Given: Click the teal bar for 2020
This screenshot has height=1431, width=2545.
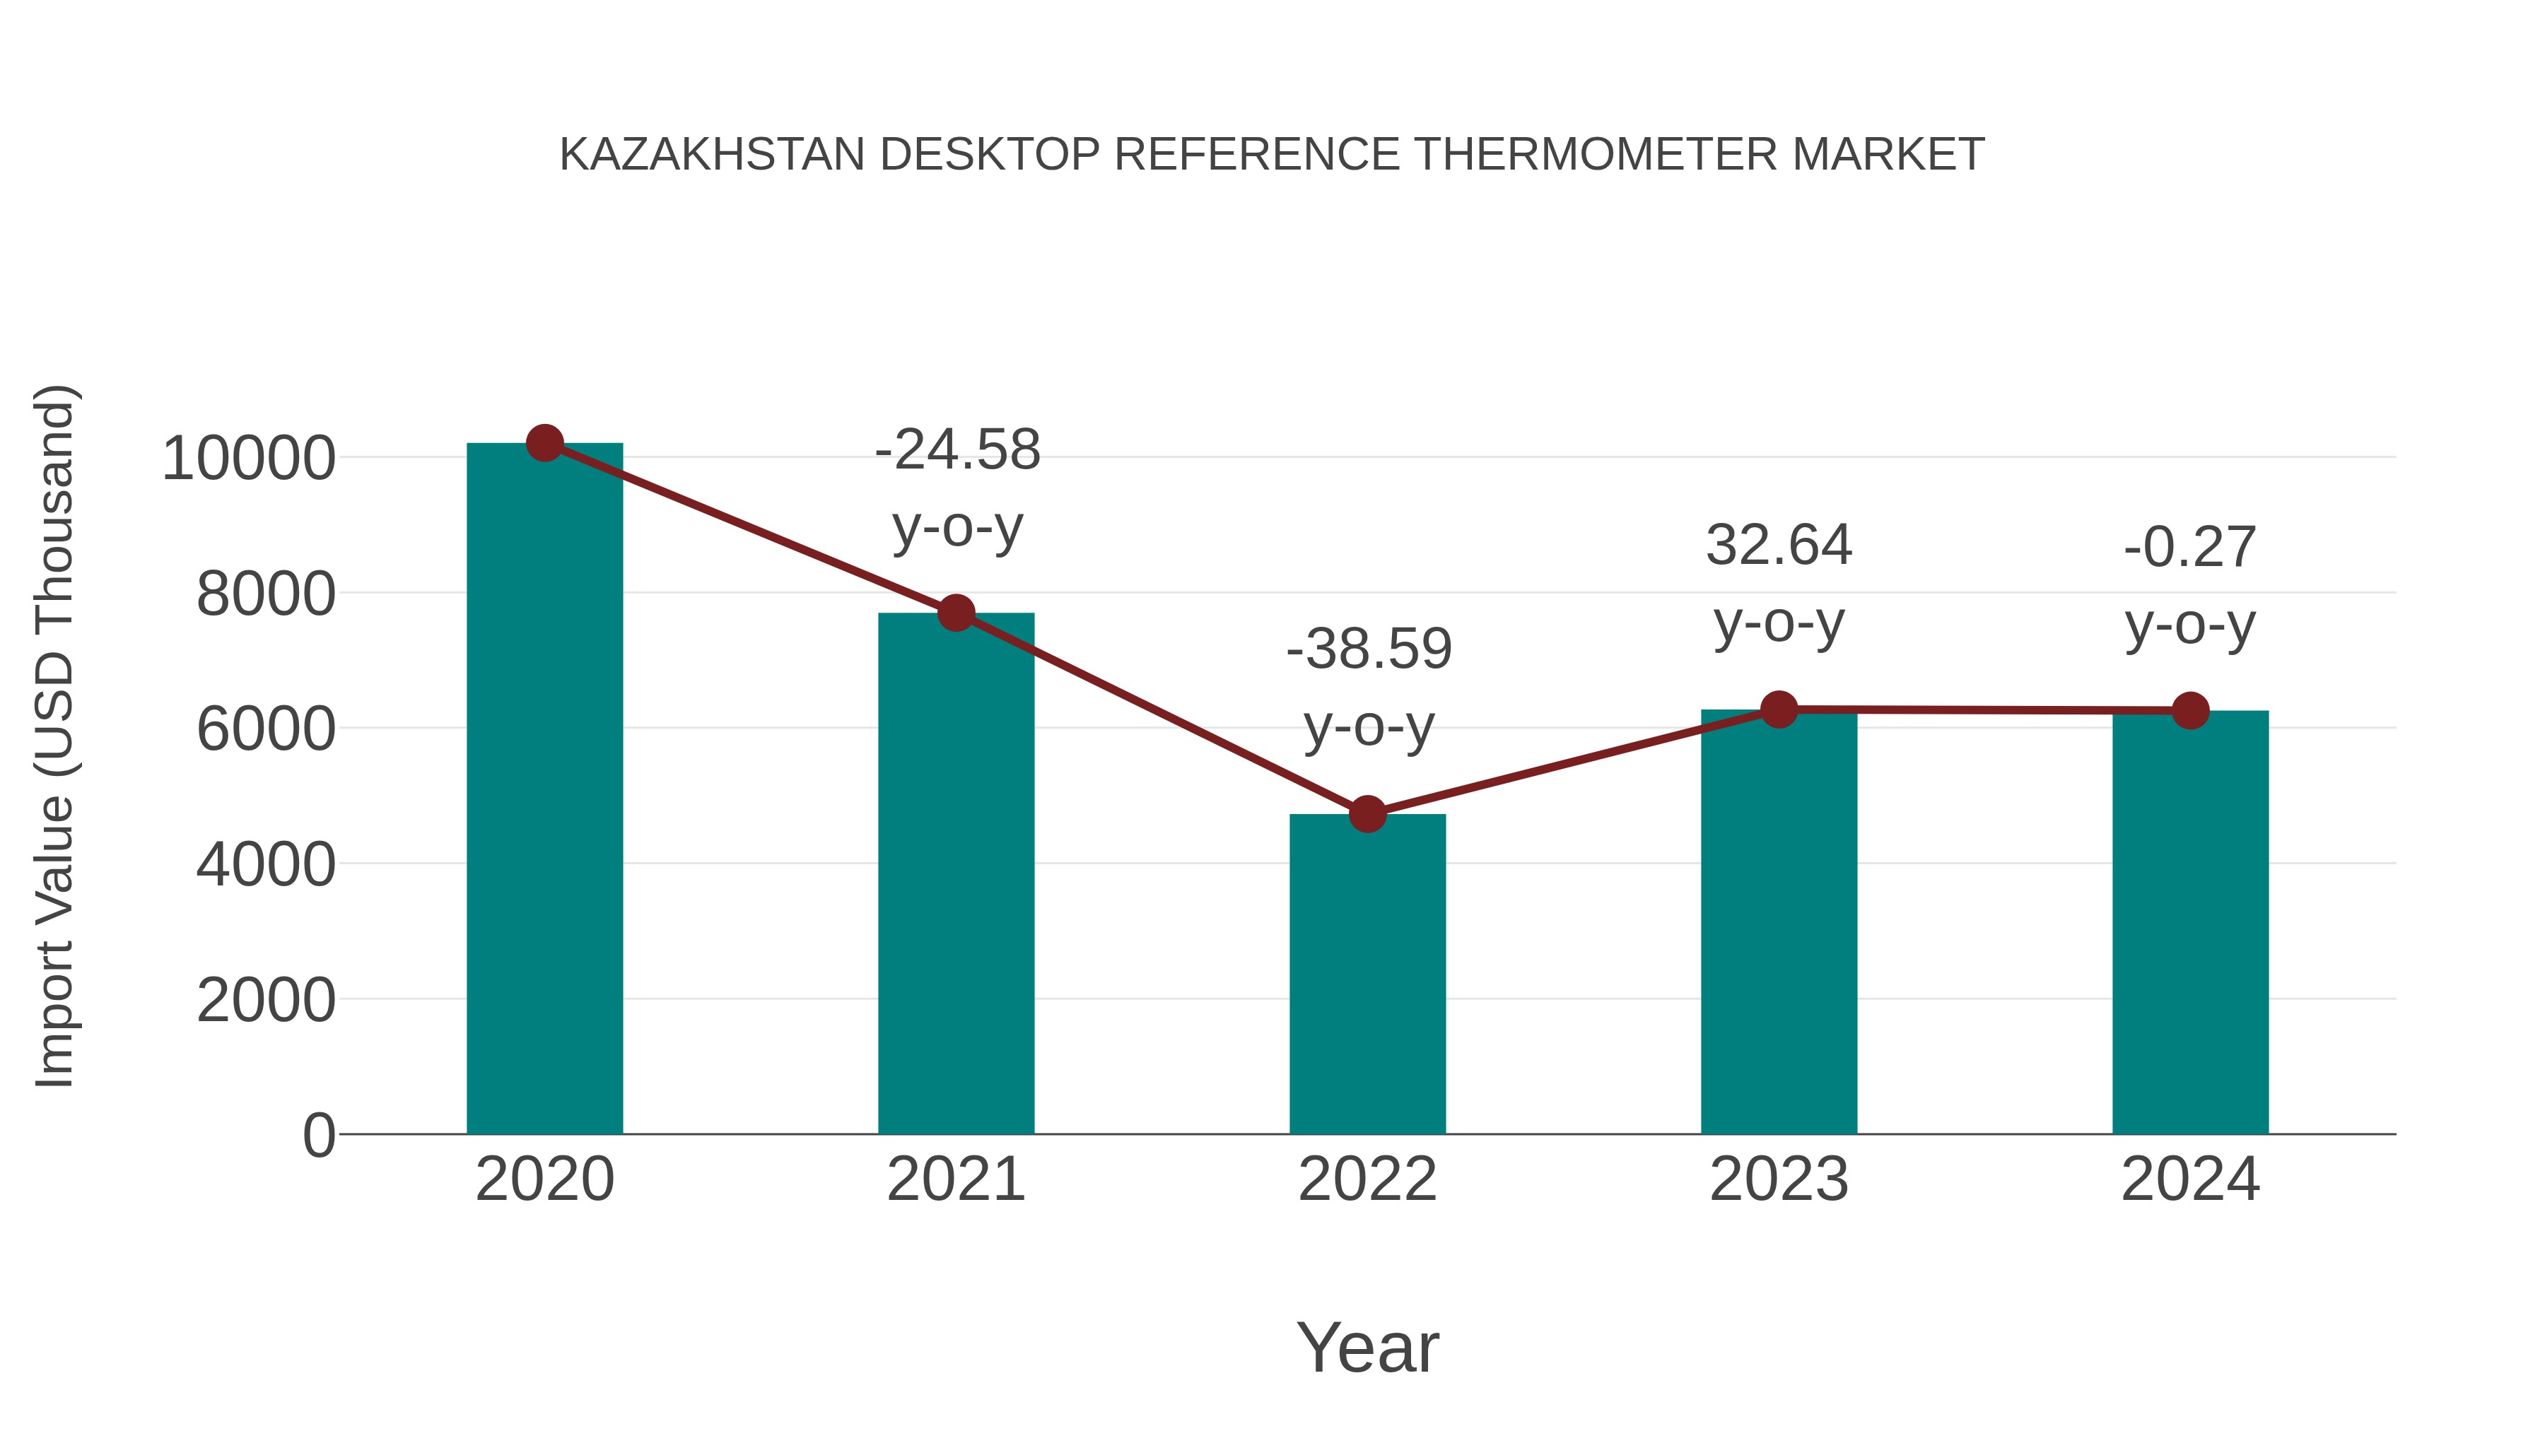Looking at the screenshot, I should (544, 790).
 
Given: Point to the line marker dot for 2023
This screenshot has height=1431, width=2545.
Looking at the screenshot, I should (1779, 709).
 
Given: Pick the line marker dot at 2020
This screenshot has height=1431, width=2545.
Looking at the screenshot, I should (544, 443).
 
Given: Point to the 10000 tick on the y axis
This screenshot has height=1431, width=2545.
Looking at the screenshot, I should (248, 459).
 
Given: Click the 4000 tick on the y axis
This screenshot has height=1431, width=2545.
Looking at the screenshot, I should (266, 865).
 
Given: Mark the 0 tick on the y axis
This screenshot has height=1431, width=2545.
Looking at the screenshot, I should (318, 1135).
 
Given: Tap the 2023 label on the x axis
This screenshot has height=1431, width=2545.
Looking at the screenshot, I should (1779, 1179).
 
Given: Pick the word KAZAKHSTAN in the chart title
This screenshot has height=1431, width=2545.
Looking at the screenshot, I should (711, 155).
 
